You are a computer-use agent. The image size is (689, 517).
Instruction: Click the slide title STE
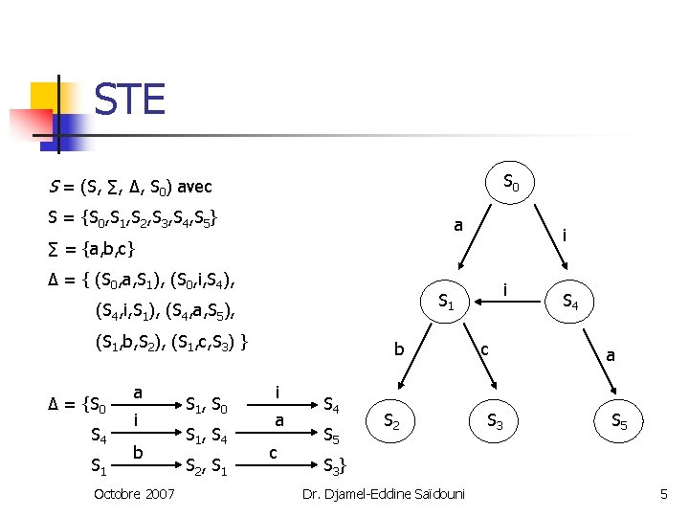tap(129, 100)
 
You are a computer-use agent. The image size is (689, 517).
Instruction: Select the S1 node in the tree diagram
tap(446, 302)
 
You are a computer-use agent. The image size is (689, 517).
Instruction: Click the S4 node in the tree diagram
tap(570, 302)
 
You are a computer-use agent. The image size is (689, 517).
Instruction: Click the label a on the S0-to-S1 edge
tap(458, 226)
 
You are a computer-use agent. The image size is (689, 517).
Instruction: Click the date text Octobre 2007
tap(133, 494)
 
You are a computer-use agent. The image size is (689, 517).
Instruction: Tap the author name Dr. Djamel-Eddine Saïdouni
tap(383, 494)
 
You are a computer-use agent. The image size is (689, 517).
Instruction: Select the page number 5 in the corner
tap(663, 494)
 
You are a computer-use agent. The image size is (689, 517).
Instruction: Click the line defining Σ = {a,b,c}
tap(91, 250)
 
